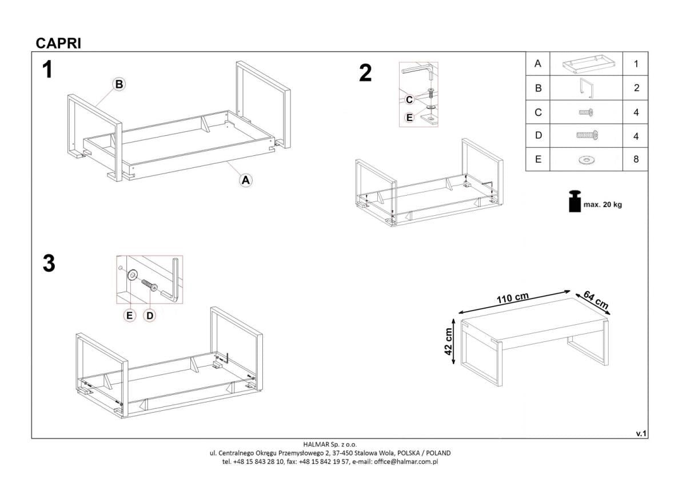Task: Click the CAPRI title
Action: click(x=58, y=43)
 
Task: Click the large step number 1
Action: click(x=47, y=70)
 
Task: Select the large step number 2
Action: click(x=365, y=73)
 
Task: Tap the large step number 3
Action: click(x=49, y=264)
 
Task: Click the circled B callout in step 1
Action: click(x=118, y=84)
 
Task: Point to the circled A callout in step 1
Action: click(x=245, y=180)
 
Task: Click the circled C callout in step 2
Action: click(x=409, y=100)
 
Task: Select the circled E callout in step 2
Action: click(x=409, y=118)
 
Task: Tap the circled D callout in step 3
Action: click(x=150, y=314)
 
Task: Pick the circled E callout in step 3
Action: click(x=130, y=314)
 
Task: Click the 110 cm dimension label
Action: click(x=512, y=299)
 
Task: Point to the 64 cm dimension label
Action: click(x=596, y=300)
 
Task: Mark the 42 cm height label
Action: click(x=449, y=341)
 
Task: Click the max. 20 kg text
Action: click(x=602, y=205)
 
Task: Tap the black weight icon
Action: click(x=575, y=201)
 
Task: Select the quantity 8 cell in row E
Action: click(x=636, y=160)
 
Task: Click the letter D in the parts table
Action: click(x=537, y=136)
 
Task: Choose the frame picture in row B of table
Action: click(x=585, y=88)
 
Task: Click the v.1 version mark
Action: click(x=641, y=434)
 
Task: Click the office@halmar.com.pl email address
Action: click(x=406, y=461)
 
